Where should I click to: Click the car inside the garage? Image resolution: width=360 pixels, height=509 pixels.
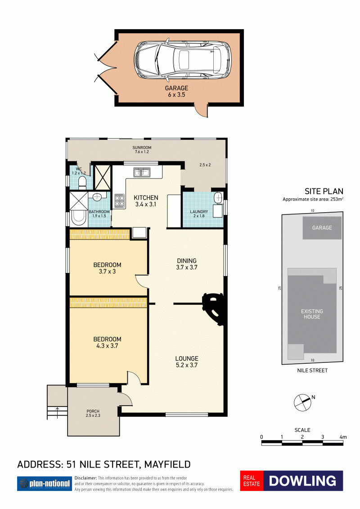(183, 60)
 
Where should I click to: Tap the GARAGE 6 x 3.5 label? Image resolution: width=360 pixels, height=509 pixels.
(176, 91)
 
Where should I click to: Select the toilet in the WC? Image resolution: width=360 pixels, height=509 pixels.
(82, 183)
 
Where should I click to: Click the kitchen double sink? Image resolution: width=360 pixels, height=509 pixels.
(142, 173)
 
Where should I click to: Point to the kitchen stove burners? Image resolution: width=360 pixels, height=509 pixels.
(119, 201)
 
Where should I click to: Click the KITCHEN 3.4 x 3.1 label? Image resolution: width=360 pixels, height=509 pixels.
(146, 201)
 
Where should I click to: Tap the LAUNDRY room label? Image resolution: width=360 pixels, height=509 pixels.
(199, 214)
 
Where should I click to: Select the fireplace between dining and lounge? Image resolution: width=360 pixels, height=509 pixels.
(214, 308)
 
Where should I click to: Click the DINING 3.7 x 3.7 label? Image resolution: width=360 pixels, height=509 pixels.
(187, 264)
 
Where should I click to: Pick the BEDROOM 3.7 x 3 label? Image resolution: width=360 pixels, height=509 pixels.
(107, 268)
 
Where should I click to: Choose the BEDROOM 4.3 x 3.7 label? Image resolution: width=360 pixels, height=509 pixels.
(107, 343)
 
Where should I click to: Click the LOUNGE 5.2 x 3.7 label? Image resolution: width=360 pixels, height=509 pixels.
(187, 362)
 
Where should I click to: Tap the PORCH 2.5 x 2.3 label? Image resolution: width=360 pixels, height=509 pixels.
(93, 413)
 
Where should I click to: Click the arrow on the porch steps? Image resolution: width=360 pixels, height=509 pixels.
(58, 411)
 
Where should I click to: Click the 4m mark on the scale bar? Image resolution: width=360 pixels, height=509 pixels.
(343, 437)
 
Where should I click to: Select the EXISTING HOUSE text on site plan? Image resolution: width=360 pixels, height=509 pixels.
(312, 314)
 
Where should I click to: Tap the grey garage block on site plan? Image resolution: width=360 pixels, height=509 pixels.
(322, 228)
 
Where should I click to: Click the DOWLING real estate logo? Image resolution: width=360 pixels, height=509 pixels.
(292, 480)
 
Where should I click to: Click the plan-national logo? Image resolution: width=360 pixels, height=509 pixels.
(45, 483)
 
